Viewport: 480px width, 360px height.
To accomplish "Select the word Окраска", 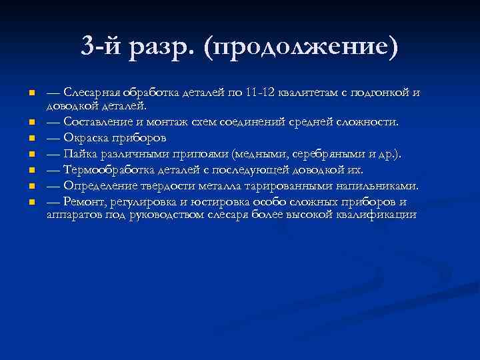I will [87, 138].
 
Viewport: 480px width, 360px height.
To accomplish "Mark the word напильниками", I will [379, 184].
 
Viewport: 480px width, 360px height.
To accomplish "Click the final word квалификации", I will [379, 214].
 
